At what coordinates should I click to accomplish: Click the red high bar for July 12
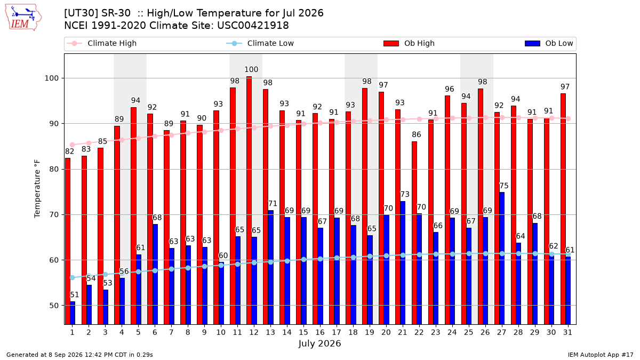pyautogui.click(x=249, y=201)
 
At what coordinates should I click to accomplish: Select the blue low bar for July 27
pyautogui.click(x=502, y=258)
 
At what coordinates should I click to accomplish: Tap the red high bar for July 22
pyautogui.click(x=414, y=233)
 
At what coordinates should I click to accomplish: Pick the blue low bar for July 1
pyautogui.click(x=73, y=313)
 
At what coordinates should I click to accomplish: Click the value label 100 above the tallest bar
pyautogui.click(x=251, y=69)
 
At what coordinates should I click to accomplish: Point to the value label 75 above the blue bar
pyautogui.click(x=503, y=186)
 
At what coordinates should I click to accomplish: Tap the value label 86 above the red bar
pyautogui.click(x=417, y=134)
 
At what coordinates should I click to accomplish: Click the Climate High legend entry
pyautogui.click(x=101, y=43)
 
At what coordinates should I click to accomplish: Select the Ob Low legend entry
pyautogui.click(x=549, y=43)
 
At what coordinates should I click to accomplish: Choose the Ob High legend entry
pyautogui.click(x=409, y=43)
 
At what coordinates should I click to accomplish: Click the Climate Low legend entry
pyautogui.click(x=260, y=43)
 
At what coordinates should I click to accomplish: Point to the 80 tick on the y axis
pyautogui.click(x=54, y=169)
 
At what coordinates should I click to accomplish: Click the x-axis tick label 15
pyautogui.click(x=303, y=332)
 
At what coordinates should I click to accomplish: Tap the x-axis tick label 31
pyautogui.click(x=567, y=332)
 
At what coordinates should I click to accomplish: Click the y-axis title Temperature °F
pyautogui.click(x=37, y=189)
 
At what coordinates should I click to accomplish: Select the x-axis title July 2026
pyautogui.click(x=319, y=343)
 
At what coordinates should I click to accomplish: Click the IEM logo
pyautogui.click(x=23, y=18)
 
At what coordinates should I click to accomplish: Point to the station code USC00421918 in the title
pyautogui.click(x=253, y=26)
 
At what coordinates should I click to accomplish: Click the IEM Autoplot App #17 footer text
pyautogui.click(x=601, y=355)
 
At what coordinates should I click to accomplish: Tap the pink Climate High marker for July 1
pyautogui.click(x=73, y=145)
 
